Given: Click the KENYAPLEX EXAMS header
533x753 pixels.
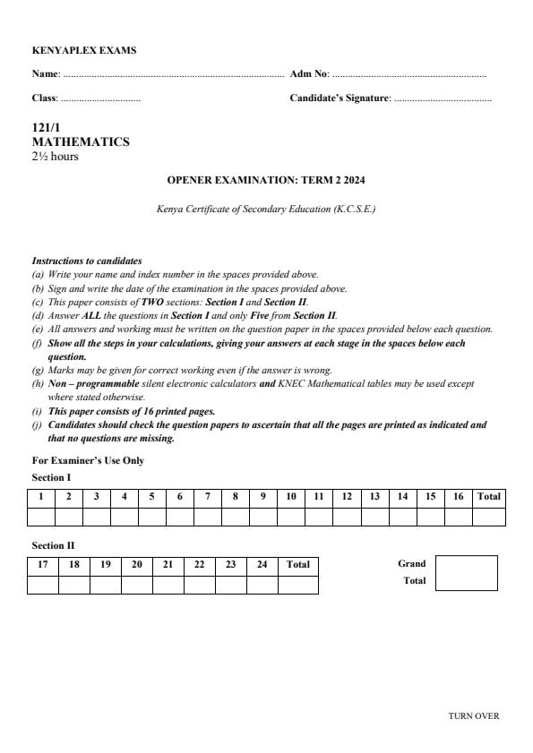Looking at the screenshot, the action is click(x=84, y=51).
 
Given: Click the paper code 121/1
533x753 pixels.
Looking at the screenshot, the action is click(x=47, y=128).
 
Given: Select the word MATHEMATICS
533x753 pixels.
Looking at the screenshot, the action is click(x=81, y=142).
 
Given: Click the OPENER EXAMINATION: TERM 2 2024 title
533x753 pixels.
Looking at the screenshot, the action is click(x=266, y=181).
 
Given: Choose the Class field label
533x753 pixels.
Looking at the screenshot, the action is click(x=45, y=98).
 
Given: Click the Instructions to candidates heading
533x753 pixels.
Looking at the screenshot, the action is click(x=87, y=261).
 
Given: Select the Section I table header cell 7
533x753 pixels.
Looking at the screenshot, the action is click(x=208, y=496).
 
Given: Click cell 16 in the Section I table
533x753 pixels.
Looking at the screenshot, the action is click(x=458, y=496).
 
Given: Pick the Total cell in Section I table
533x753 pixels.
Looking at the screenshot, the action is click(x=488, y=496).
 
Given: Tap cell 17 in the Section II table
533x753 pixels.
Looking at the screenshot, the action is click(x=43, y=565).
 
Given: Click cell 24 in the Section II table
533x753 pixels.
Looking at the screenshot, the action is click(x=262, y=565).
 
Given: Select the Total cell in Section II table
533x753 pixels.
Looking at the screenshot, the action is click(x=297, y=565).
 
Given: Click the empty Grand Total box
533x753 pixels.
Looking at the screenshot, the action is click(x=466, y=573).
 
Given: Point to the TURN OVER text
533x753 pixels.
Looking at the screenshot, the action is click(x=474, y=716).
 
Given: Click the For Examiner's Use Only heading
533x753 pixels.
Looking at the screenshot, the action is click(x=88, y=460).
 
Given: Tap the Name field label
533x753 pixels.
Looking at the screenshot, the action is click(x=46, y=73).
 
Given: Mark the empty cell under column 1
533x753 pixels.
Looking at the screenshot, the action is click(x=41, y=516).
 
